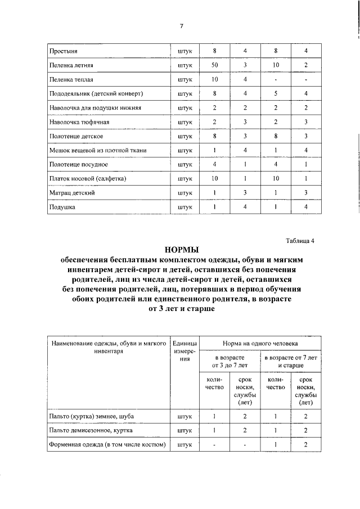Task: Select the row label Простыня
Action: [62, 52]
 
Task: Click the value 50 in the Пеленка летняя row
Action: [214, 66]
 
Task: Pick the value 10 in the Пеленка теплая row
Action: [214, 80]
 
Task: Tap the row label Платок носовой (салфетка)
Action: [87, 179]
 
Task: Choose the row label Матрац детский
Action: [71, 193]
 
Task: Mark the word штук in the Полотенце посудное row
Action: [184, 164]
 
